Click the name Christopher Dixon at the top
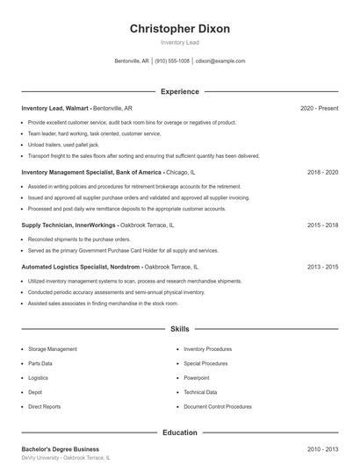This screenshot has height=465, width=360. pos(179,29)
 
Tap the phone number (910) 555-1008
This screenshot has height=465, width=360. pos(173,61)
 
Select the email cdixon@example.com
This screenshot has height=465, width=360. pos(220,61)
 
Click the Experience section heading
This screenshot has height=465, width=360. pos(179,91)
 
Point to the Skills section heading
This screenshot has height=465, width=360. pos(179,329)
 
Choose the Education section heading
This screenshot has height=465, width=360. pos(179,433)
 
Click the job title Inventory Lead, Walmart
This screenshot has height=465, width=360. pos(55,108)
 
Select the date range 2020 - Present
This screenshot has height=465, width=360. pos(319,108)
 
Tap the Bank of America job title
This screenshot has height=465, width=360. pos(91,173)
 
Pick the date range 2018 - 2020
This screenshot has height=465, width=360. pos(322,173)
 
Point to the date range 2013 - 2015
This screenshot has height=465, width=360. pos(322,266)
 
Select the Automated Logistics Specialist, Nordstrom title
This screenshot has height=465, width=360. pos(82,266)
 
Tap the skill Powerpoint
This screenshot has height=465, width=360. pos(197,378)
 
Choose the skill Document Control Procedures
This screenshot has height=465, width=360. pos(218,407)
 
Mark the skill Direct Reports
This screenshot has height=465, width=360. pos(45,407)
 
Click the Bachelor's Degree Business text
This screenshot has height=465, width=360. pos(61,449)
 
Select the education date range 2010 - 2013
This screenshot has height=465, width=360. pos(322,449)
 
